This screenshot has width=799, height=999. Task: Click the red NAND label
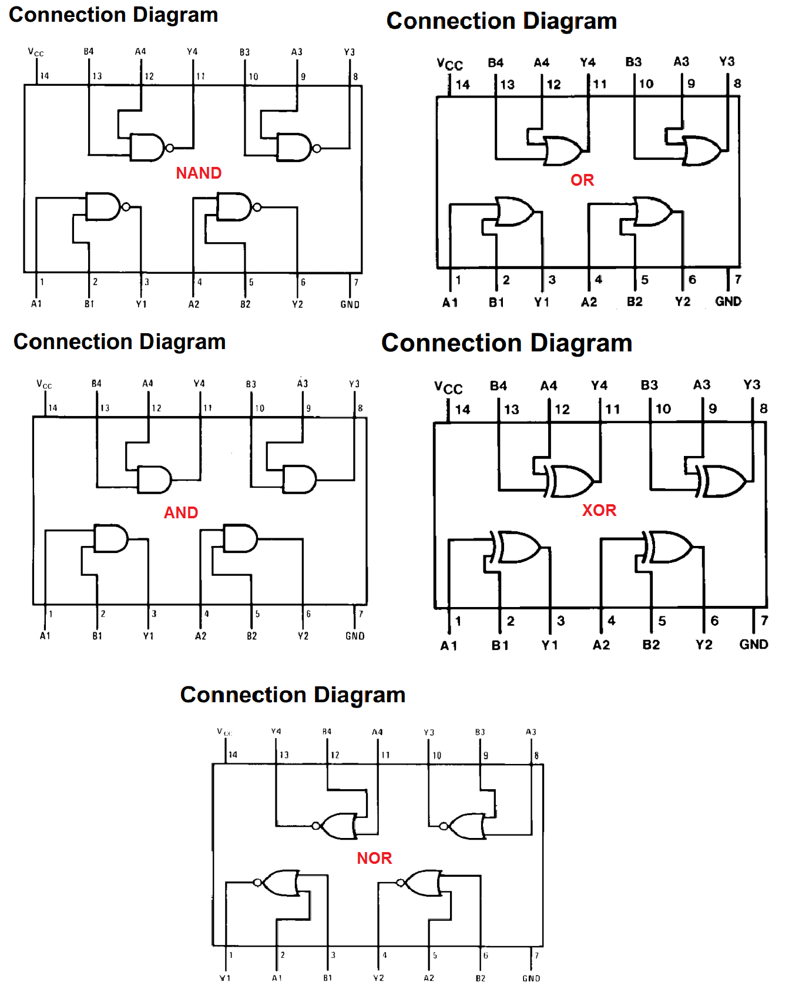click(x=199, y=173)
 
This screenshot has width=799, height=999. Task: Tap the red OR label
click(x=582, y=180)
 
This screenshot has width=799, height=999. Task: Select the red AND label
click(x=181, y=512)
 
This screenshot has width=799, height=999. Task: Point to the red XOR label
click(x=599, y=510)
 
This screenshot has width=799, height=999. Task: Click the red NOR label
click(x=374, y=858)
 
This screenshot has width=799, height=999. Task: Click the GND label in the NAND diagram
click(x=350, y=304)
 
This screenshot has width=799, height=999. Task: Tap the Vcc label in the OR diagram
click(x=449, y=64)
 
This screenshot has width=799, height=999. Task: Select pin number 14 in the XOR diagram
click(x=462, y=409)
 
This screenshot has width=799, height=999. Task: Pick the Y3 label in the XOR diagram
click(x=751, y=385)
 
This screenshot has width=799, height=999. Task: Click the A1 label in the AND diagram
click(x=45, y=636)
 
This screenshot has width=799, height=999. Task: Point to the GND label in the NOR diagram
click(x=531, y=978)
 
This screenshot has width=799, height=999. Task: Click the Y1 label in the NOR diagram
click(x=225, y=978)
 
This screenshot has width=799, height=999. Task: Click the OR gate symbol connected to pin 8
click(x=701, y=151)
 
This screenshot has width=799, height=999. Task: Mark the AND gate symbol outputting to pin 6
click(x=240, y=538)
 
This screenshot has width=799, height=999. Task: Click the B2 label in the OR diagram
click(x=634, y=301)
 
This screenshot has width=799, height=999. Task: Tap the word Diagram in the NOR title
click(x=359, y=695)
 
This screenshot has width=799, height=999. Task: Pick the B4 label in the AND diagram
click(x=96, y=383)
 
